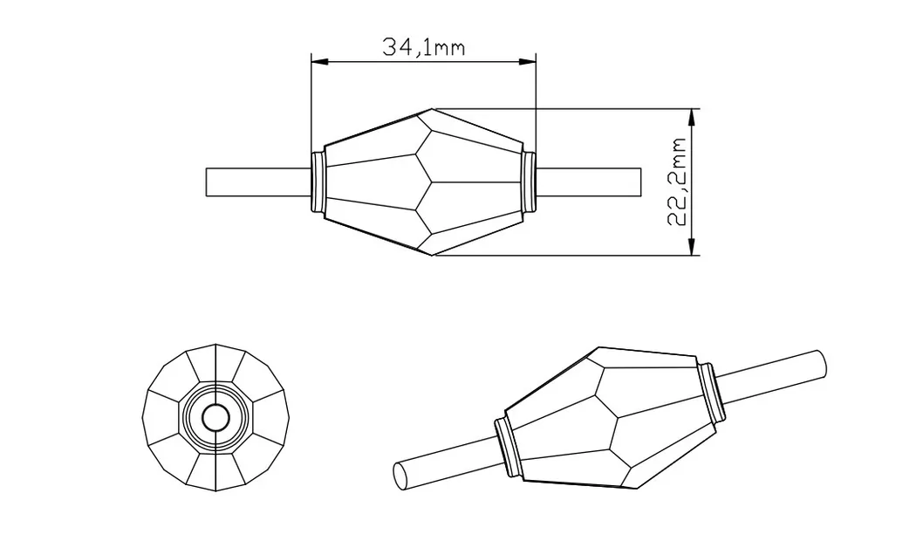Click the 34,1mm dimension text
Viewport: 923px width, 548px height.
point(423,46)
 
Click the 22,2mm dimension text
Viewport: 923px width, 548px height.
point(680,182)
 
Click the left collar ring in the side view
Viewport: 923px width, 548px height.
point(318,182)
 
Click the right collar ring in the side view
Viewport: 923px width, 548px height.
point(529,182)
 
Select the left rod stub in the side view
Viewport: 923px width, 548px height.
point(258,182)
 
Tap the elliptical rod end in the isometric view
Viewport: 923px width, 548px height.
point(400,476)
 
